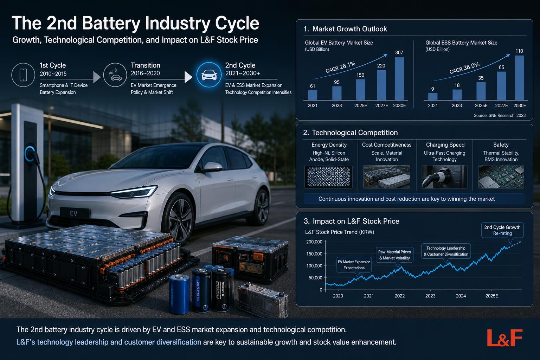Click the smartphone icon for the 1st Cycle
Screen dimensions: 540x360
pyautogui.click(x=23, y=75)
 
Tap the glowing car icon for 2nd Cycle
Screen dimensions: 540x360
pyautogui.click(x=209, y=75)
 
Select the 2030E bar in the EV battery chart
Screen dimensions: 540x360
pyautogui.click(x=399, y=78)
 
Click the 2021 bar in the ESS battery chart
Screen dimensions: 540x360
pyautogui.click(x=433, y=96)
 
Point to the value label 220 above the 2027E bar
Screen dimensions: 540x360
pyautogui.click(x=381, y=66)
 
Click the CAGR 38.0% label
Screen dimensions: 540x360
pyautogui.click(x=464, y=68)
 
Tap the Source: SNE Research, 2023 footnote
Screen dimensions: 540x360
pyautogui.click(x=500, y=116)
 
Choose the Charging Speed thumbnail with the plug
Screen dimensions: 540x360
pyautogui.click(x=444, y=177)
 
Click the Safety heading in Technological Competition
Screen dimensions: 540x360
pyautogui.click(x=501, y=145)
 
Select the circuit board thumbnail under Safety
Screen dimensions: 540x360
pyautogui.click(x=501, y=177)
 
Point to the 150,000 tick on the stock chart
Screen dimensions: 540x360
pyautogui.click(x=314, y=254)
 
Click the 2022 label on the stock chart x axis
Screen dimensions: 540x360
pyautogui.click(x=399, y=296)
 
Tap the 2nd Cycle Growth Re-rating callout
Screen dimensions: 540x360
pyautogui.click(x=502, y=230)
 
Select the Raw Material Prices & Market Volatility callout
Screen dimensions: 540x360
pyautogui.click(x=395, y=255)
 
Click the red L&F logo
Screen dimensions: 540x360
pyautogui.click(x=505, y=337)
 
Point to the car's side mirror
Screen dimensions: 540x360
pyautogui.click(x=212, y=167)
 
